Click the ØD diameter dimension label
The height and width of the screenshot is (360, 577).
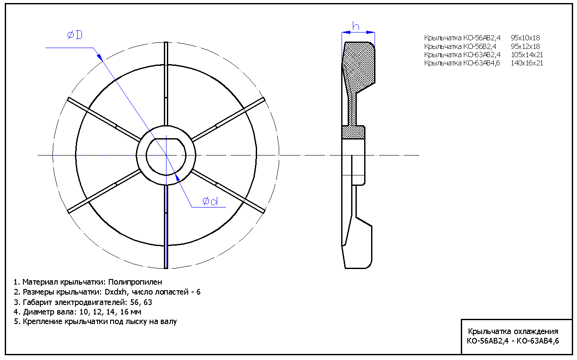[75, 36]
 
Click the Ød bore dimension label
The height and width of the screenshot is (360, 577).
[210, 201]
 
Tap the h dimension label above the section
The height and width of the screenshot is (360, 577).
[355, 26]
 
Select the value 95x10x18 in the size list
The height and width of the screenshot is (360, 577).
[525, 38]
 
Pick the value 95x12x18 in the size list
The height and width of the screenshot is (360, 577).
[525, 46]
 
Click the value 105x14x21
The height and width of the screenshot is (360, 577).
[527, 55]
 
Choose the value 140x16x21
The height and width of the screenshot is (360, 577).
[527, 63]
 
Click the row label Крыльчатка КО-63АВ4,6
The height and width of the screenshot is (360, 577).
[462, 63]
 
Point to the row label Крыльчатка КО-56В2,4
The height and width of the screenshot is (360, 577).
[460, 46]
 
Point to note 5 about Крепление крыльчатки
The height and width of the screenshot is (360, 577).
[95, 322]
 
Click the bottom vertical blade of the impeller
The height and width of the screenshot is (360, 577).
[166, 234]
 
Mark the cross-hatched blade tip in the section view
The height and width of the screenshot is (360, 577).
[359, 65]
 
